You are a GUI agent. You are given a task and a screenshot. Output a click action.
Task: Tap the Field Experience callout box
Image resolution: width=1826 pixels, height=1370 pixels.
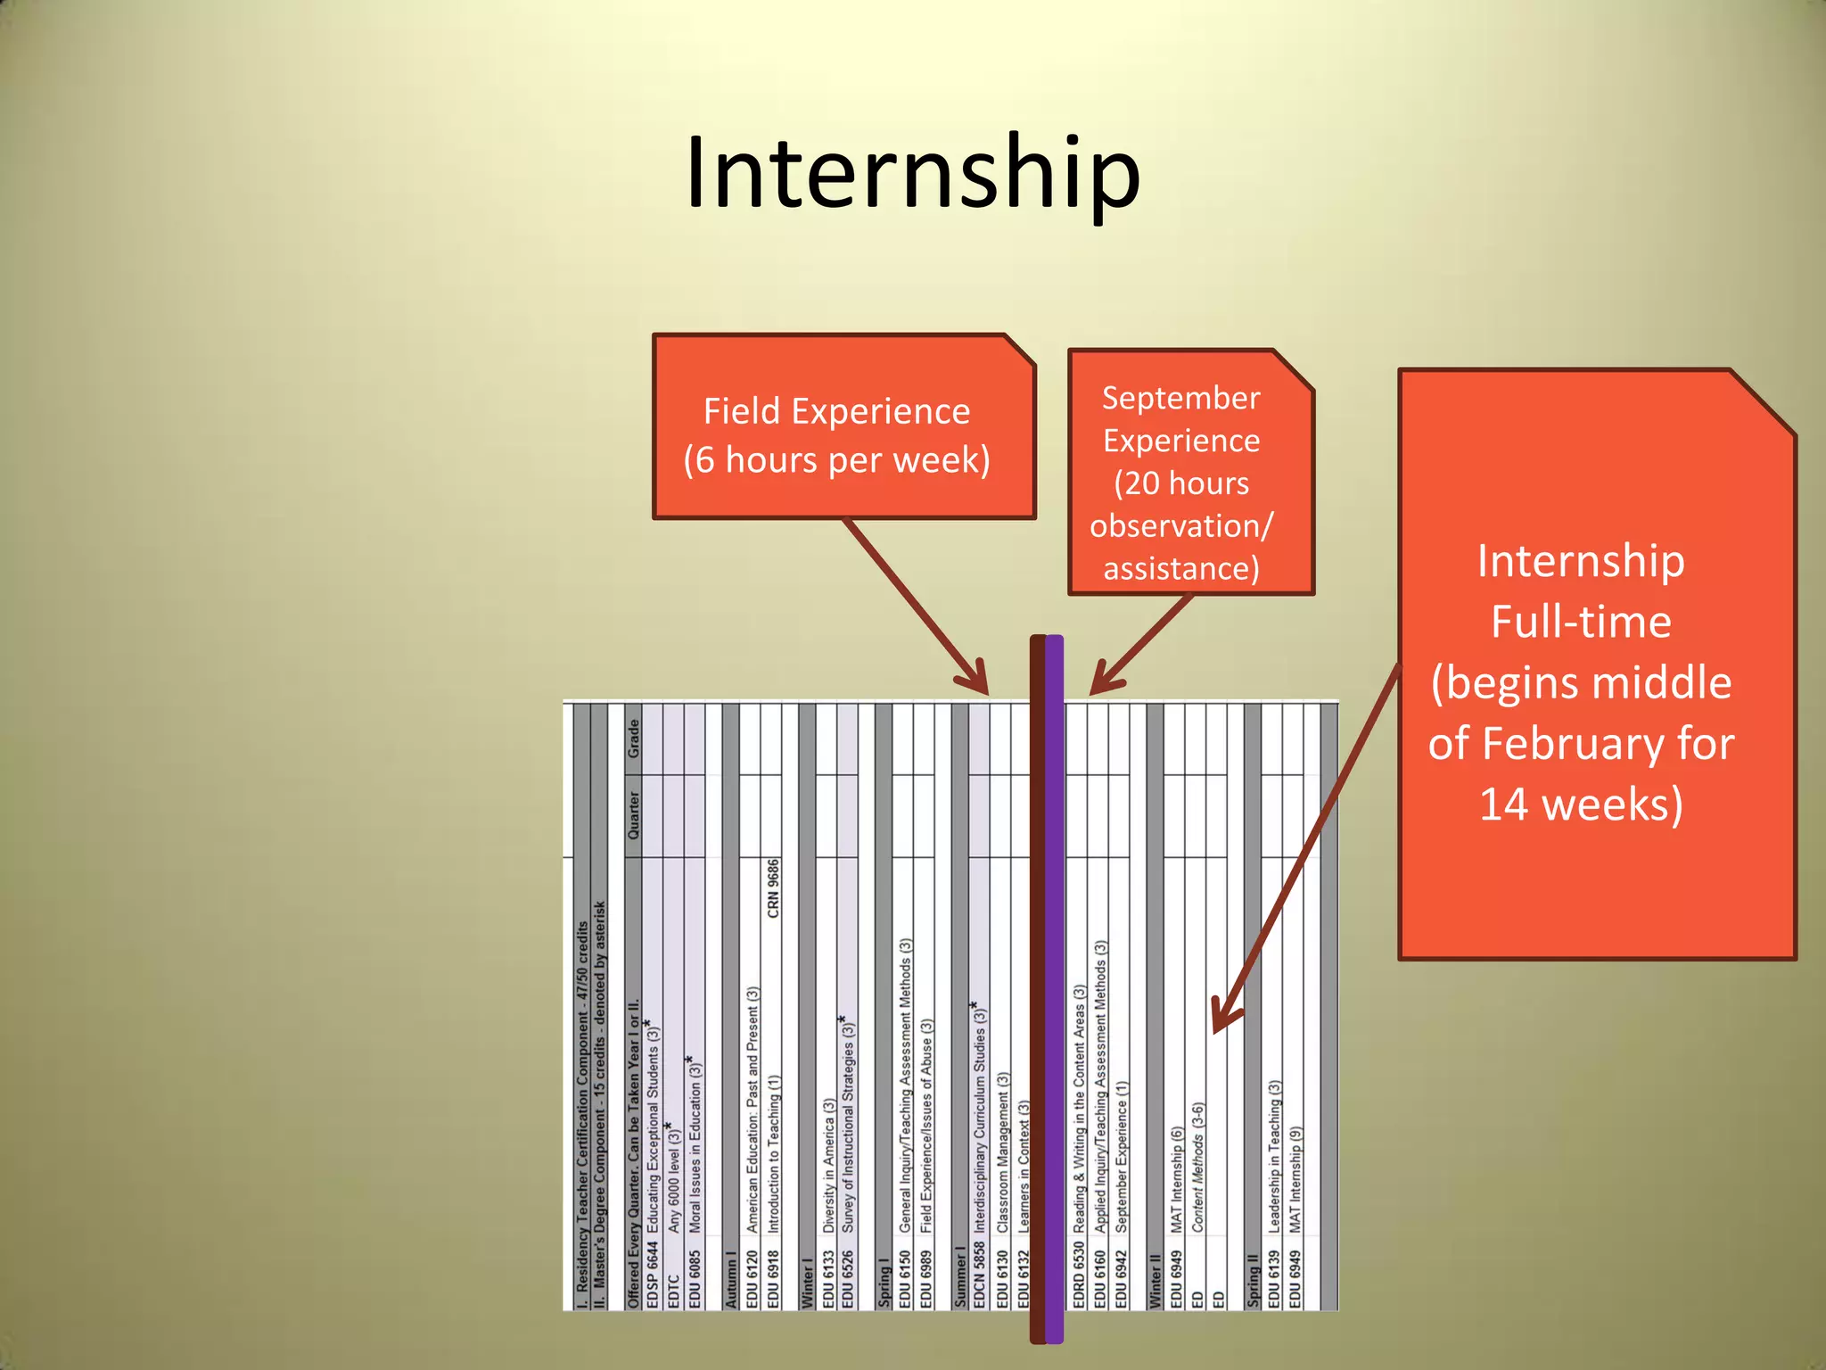tap(843, 426)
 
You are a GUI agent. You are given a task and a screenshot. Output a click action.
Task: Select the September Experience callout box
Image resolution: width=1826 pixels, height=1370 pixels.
tap(1189, 473)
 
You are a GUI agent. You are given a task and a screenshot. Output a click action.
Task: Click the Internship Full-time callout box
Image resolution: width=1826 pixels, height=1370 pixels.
tap(1596, 664)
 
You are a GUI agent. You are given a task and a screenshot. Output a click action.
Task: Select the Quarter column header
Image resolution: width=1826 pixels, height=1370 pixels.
tap(633, 815)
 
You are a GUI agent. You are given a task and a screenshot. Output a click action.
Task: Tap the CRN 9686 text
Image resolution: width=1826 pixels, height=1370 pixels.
tap(773, 888)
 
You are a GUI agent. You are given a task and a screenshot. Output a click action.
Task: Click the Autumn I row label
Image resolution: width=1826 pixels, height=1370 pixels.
tap(732, 1279)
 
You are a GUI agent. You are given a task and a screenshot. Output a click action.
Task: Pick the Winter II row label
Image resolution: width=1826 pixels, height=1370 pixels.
tap(1155, 1281)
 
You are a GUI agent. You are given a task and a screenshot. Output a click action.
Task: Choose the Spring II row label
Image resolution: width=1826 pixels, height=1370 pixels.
tap(1253, 1281)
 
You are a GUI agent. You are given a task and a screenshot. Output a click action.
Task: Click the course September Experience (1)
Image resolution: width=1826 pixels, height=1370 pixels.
tap(1122, 1156)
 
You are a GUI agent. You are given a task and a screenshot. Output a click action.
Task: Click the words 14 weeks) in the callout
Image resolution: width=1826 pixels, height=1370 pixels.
tap(1581, 804)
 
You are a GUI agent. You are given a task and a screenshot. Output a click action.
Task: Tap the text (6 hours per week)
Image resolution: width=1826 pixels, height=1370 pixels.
tap(836, 460)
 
